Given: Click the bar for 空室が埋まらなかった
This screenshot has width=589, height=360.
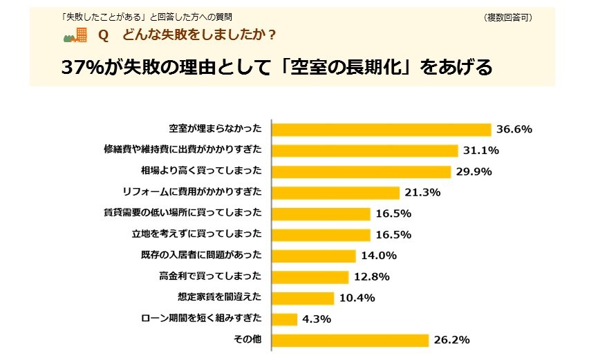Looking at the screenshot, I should pyautogui.click(x=381, y=129).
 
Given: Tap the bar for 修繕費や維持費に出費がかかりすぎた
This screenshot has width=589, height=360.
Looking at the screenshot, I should pyautogui.click(x=365, y=150).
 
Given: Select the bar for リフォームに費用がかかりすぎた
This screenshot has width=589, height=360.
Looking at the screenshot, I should pyautogui.click(x=336, y=192).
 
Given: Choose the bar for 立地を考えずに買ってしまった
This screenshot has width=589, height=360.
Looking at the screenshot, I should pyautogui.click(x=321, y=234).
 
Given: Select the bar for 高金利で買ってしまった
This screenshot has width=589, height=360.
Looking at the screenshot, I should pyautogui.click(x=310, y=276).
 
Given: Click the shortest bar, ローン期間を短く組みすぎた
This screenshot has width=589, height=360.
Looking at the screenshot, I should pyautogui.click(x=285, y=319).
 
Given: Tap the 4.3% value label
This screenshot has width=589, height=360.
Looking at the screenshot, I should pyautogui.click(x=317, y=319).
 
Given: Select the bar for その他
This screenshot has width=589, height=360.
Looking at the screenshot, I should pyautogui.click(x=350, y=339).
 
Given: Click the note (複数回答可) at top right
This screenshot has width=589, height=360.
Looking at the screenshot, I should pyautogui.click(x=508, y=17).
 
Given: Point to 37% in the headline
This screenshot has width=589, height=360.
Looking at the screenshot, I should pyautogui.click(x=84, y=67).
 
